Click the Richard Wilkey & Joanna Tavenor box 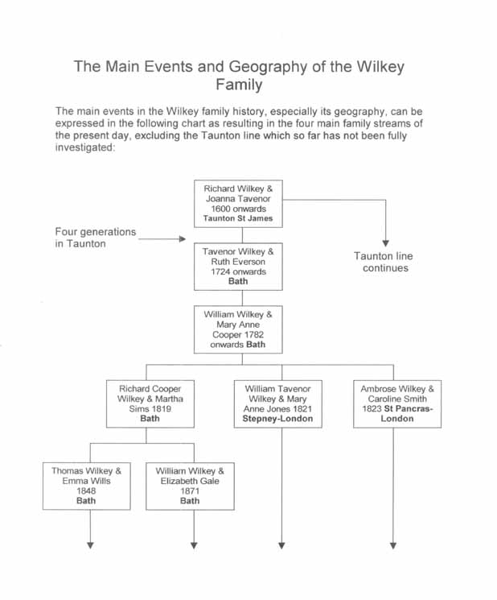point(238,204)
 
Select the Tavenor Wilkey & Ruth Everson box point(238,267)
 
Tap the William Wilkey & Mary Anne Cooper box point(238,329)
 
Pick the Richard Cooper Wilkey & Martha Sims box point(150,403)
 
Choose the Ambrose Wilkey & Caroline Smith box point(397,403)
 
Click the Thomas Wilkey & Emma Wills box point(87,486)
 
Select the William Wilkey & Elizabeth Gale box point(190,486)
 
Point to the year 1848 point(86,491)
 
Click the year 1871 point(190,491)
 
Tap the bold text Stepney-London point(277,419)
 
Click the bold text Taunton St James point(238,218)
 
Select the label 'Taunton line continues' point(384,262)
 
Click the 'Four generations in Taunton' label point(96,238)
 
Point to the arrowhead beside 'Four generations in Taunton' point(183,239)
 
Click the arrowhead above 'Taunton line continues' point(386,243)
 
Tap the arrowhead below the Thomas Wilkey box point(90,546)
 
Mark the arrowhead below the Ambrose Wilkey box point(393,546)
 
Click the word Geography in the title point(268,67)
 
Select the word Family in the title point(239,85)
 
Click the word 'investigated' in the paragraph point(84,147)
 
